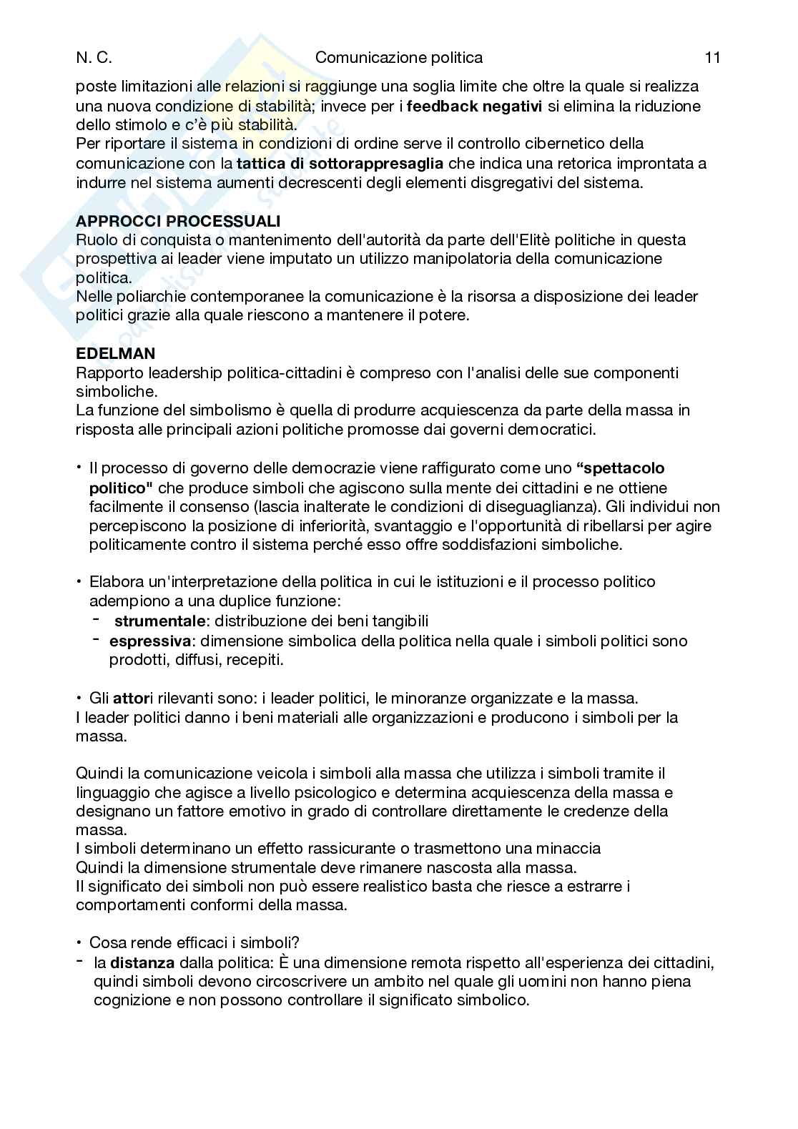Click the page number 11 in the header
click(711, 58)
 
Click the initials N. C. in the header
click(94, 58)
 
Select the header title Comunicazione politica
click(399, 58)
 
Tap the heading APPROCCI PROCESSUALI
click(178, 220)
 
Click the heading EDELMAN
click(115, 353)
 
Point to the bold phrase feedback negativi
click(474, 106)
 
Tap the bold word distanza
click(142, 962)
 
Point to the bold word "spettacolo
click(620, 468)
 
